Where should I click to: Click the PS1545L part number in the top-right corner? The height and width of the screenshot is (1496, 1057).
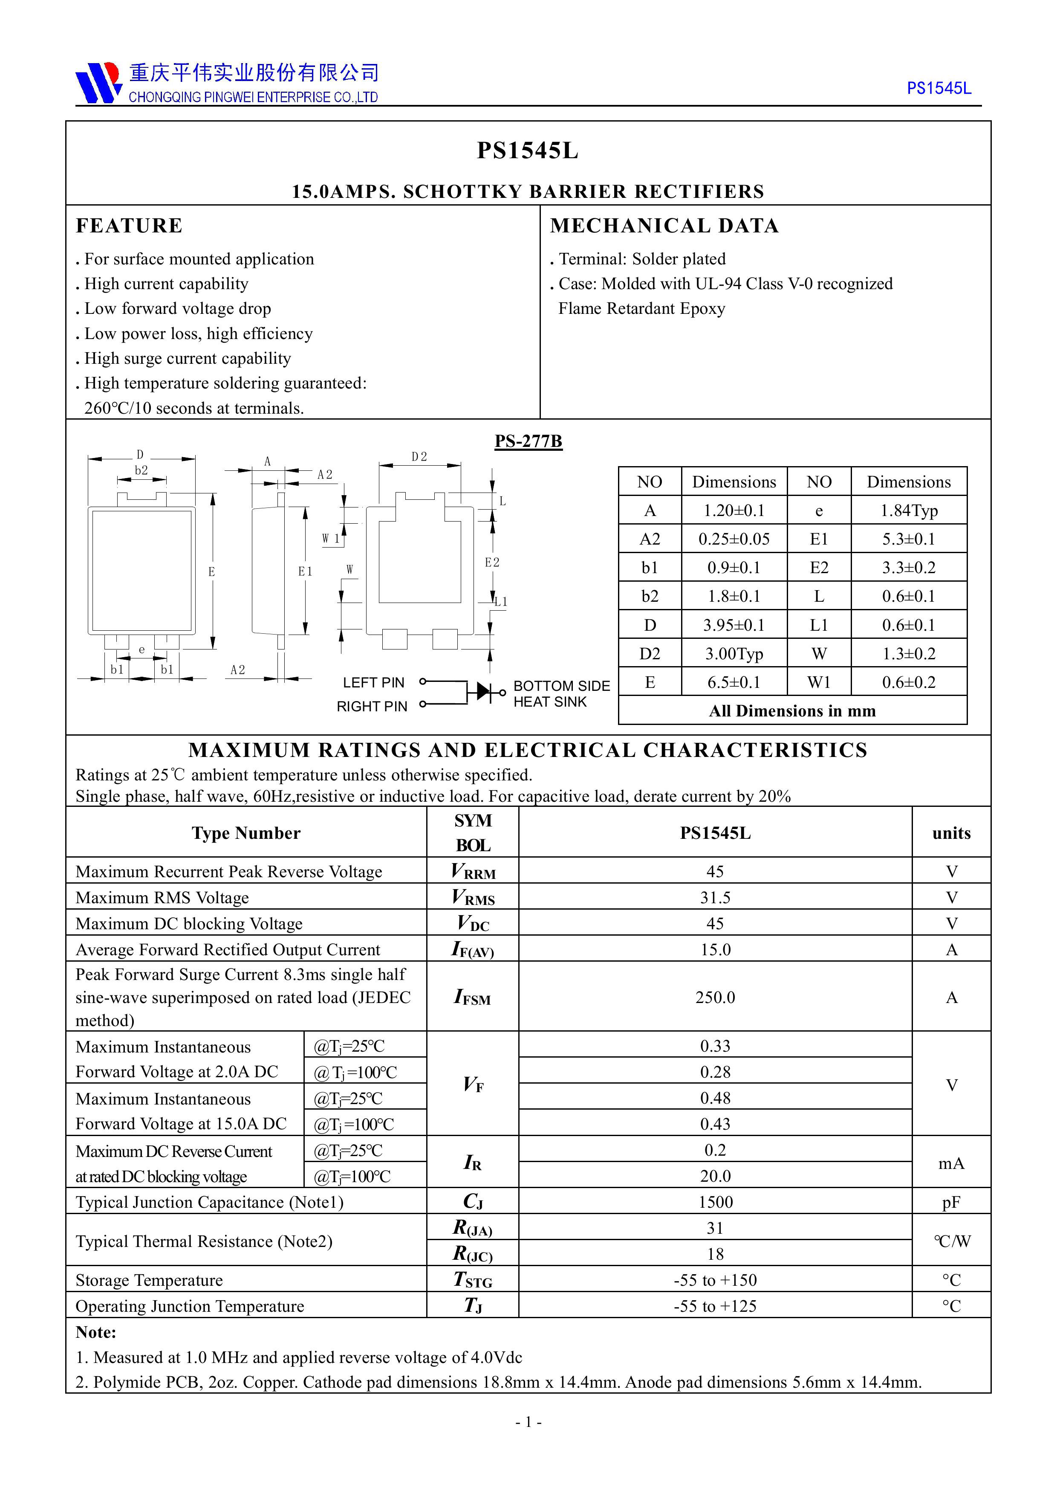pyautogui.click(x=939, y=89)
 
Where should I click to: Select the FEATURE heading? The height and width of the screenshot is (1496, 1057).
pyautogui.click(x=129, y=226)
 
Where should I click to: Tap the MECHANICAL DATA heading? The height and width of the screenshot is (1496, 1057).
pyautogui.click(x=664, y=226)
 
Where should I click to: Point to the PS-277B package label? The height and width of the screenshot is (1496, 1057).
pyautogui.click(x=528, y=441)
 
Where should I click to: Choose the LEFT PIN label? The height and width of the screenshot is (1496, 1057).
pyautogui.click(x=373, y=682)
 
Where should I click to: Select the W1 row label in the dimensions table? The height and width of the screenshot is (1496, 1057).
pyautogui.click(x=819, y=682)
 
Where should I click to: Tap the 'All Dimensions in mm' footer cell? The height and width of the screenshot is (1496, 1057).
pyautogui.click(x=792, y=711)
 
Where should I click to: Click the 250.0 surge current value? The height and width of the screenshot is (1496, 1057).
pyautogui.click(x=715, y=997)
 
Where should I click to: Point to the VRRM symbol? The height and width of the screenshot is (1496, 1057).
pyautogui.click(x=473, y=872)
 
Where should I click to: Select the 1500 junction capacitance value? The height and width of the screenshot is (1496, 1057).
pyautogui.click(x=715, y=1202)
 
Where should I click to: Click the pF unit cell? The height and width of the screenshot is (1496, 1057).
pyautogui.click(x=951, y=1202)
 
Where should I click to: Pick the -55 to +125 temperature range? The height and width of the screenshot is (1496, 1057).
pyautogui.click(x=715, y=1306)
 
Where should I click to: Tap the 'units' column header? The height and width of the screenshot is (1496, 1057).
pyautogui.click(x=951, y=833)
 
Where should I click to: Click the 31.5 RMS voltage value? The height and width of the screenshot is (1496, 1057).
pyautogui.click(x=715, y=898)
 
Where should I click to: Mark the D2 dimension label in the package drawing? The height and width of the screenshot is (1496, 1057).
pyautogui.click(x=419, y=457)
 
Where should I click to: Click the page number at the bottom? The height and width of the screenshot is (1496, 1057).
pyautogui.click(x=528, y=1422)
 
